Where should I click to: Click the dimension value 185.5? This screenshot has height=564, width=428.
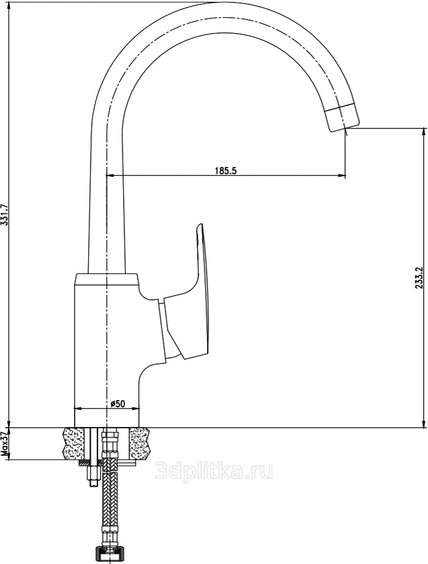tap(226, 171)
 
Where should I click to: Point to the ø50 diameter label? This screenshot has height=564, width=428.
tap(118, 404)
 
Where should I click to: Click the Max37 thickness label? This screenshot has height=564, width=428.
tap(5, 443)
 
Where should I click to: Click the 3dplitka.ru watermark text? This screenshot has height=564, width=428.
tap(214, 471)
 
